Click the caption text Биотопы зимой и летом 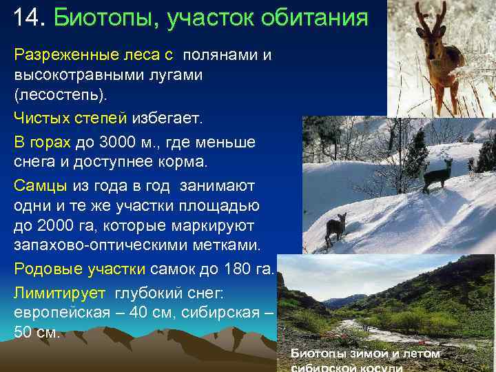click(x=364, y=353)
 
